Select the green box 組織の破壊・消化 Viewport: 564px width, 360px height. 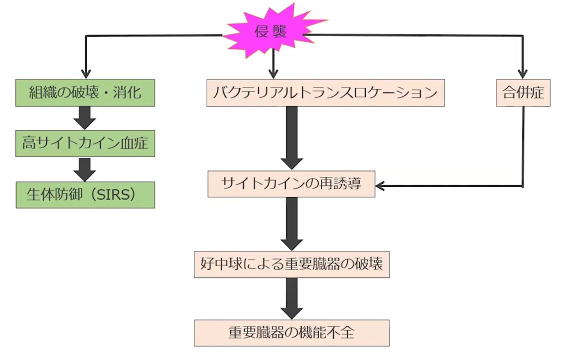pyautogui.click(x=85, y=93)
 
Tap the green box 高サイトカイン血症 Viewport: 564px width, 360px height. pyautogui.click(x=85, y=144)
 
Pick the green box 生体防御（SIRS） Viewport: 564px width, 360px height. pyautogui.click(x=85, y=195)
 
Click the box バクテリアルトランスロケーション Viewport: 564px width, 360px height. pyautogui.click(x=325, y=93)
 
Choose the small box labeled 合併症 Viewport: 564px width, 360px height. pyautogui.click(x=523, y=93)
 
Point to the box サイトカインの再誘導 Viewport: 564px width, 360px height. pyautogui.click(x=291, y=184)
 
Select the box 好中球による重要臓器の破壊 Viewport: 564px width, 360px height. pyautogui.click(x=292, y=264)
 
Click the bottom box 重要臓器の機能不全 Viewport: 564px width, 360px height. pyautogui.click(x=292, y=333)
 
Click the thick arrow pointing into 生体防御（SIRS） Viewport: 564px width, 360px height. pyautogui.click(x=85, y=169)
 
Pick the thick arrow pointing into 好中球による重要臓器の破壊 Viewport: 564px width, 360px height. pyautogui.click(x=292, y=223)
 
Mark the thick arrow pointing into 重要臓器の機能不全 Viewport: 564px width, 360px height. pyautogui.click(x=292, y=298)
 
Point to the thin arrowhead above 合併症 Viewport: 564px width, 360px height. pyautogui.click(x=523, y=74)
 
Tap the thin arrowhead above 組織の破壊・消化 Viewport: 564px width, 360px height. pyautogui.click(x=86, y=74)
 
